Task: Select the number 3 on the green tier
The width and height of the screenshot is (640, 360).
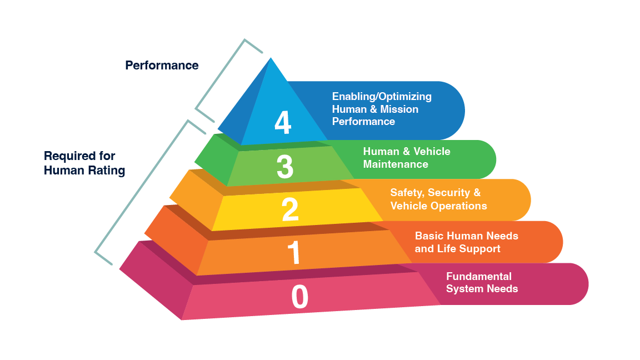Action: [x=285, y=166]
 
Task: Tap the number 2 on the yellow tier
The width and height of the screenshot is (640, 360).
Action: [x=290, y=209]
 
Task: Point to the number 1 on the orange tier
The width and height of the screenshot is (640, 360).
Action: [x=294, y=252]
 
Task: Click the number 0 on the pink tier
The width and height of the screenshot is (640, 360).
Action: [x=299, y=297]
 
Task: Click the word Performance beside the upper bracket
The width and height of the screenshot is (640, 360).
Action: [x=162, y=66]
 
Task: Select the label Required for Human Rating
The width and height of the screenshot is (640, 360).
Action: [x=84, y=163]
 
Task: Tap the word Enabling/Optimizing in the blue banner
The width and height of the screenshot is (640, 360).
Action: [x=382, y=97]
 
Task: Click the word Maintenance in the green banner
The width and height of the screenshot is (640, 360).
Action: [x=396, y=164]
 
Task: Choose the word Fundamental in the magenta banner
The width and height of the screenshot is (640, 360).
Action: [x=479, y=277]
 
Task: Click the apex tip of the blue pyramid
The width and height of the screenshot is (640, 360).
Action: [x=271, y=59]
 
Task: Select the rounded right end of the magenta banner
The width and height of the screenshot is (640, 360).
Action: [x=578, y=284]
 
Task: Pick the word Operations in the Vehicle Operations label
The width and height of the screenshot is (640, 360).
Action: [x=458, y=206]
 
